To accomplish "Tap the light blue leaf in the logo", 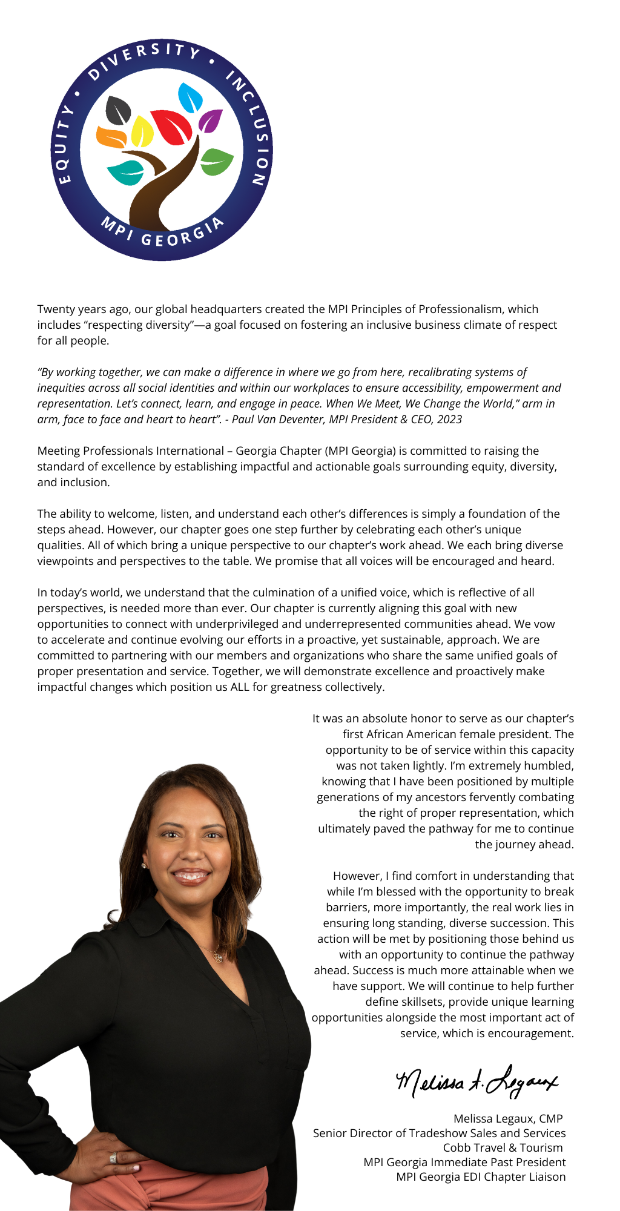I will [x=190, y=97].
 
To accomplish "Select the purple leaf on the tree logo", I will [x=210, y=120].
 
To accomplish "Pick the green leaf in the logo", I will [x=217, y=162].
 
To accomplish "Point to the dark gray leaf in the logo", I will [x=118, y=110].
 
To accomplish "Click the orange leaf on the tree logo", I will [x=111, y=137].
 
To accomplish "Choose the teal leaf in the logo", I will [x=126, y=172].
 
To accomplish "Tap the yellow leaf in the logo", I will [x=142, y=131].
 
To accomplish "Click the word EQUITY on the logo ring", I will [x=63, y=145].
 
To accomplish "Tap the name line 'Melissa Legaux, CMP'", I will [x=508, y=1118].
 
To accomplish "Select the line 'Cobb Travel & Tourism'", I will [x=503, y=1147].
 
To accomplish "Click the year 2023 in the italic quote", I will [x=449, y=419].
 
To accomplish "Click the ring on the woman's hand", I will [x=113, y=1158].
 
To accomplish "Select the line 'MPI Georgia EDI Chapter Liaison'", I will [x=481, y=1176].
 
